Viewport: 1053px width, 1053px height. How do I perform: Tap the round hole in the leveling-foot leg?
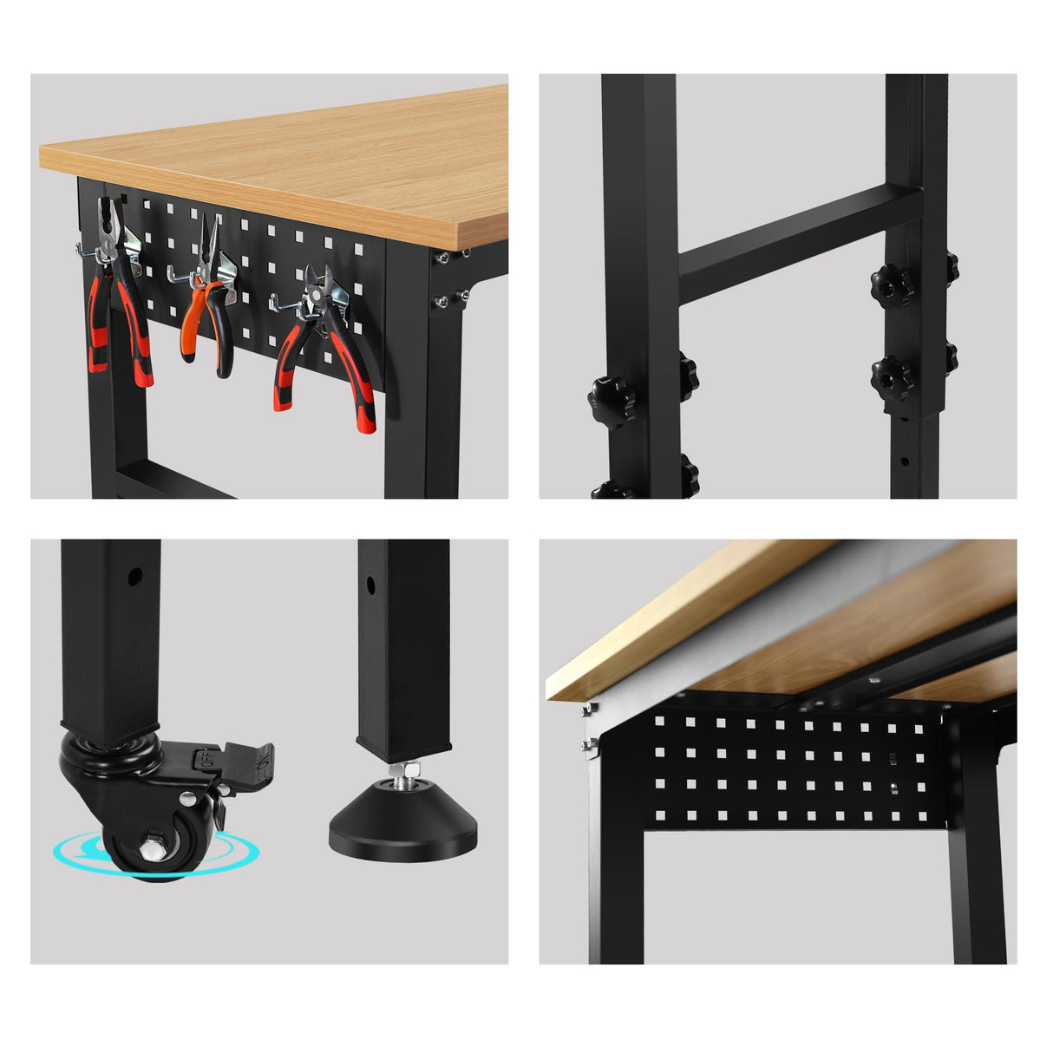371,585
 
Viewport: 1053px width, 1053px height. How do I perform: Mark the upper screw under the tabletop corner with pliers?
443,258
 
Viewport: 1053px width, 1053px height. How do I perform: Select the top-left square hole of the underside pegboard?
661,721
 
